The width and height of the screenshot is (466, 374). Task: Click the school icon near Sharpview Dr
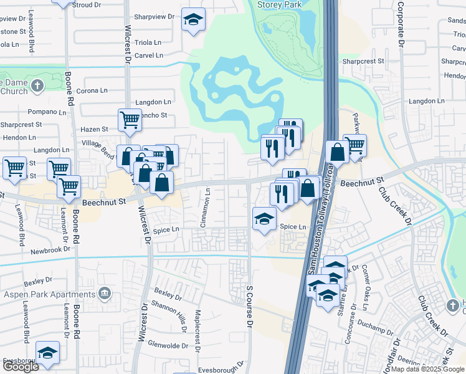194,20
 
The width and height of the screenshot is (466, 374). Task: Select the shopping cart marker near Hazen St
129,119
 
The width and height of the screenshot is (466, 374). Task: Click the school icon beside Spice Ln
264,219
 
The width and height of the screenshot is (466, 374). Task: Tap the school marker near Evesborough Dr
47,352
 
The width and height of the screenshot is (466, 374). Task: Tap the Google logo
21,367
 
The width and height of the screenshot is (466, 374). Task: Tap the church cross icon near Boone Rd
37,85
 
